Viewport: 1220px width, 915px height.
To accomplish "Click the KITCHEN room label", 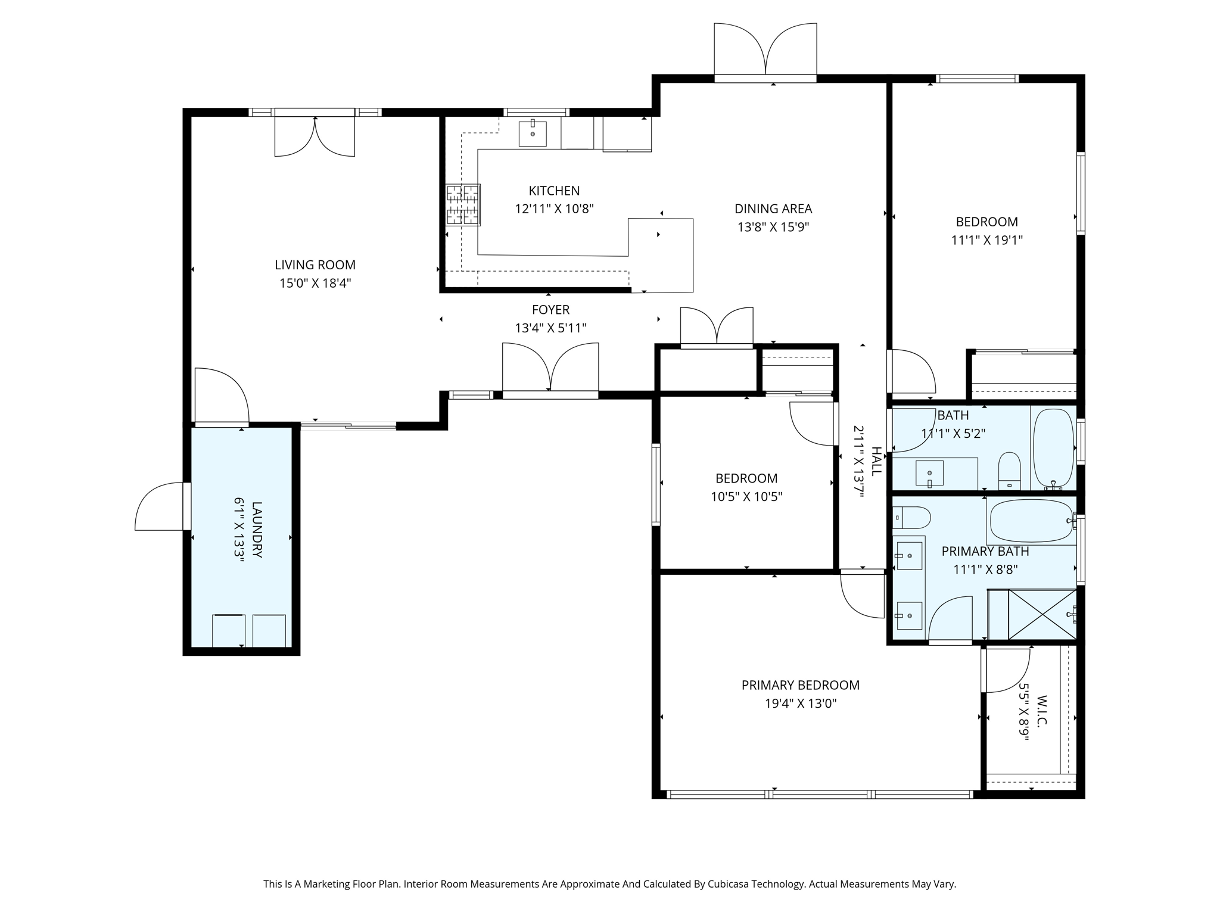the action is point(554,191).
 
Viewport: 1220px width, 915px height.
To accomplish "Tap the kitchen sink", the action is point(533,133).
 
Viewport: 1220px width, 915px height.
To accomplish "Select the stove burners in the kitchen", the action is point(463,205).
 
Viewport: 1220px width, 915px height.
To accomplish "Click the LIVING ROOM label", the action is point(315,264).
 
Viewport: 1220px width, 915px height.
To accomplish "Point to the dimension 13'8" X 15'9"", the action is point(773,227).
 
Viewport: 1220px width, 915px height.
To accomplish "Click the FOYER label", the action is point(550,310).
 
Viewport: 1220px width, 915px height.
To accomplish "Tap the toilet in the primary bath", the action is point(911,517).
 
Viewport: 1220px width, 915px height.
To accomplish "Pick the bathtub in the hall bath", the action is point(1053,449).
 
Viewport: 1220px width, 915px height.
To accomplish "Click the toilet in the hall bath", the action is point(1009,471).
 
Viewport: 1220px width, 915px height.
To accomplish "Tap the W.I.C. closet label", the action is point(1042,711).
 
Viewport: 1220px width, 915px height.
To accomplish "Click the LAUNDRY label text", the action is point(257,530).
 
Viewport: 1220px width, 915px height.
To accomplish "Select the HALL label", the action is point(876,461).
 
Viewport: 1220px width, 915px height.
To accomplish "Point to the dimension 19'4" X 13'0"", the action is point(801,704).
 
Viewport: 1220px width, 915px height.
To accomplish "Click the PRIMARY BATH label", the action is point(985,552).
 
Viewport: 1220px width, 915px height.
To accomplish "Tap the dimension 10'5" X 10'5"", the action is point(746,497).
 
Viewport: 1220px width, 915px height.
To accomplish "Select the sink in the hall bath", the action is point(929,473).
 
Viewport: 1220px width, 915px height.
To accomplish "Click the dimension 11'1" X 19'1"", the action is point(987,240).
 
